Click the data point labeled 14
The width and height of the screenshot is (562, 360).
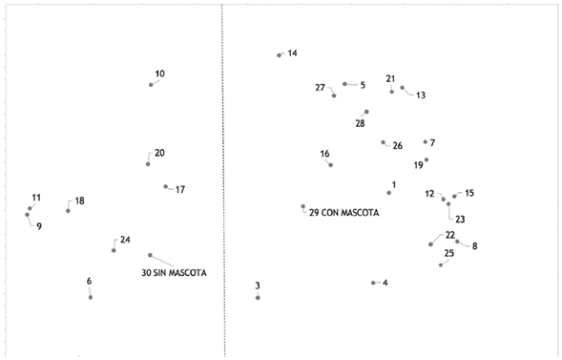[x=279, y=55]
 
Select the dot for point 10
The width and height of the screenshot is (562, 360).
[x=151, y=85]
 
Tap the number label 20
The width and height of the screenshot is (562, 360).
[x=159, y=153]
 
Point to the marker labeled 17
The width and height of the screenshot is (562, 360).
[x=165, y=187]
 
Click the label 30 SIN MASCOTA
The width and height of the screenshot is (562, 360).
[x=174, y=273]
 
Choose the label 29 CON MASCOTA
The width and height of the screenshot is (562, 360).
[x=343, y=213]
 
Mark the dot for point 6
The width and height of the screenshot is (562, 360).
[x=91, y=298]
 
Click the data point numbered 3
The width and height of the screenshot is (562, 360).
[x=258, y=298]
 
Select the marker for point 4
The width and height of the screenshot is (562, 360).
[x=373, y=283]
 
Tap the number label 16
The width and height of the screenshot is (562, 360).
[x=324, y=154]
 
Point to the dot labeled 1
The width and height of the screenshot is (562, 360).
[x=388, y=193]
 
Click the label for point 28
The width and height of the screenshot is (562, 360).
[x=360, y=124]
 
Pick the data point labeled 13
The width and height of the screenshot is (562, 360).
[x=402, y=88]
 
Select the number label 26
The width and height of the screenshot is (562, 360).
[x=397, y=146]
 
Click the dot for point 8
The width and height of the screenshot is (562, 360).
[x=457, y=241]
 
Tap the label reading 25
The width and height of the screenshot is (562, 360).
[x=448, y=253]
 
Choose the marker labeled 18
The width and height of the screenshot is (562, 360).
[x=68, y=211]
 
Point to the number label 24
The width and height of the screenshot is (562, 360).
[x=125, y=240]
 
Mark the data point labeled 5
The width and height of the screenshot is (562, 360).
[x=344, y=84]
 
